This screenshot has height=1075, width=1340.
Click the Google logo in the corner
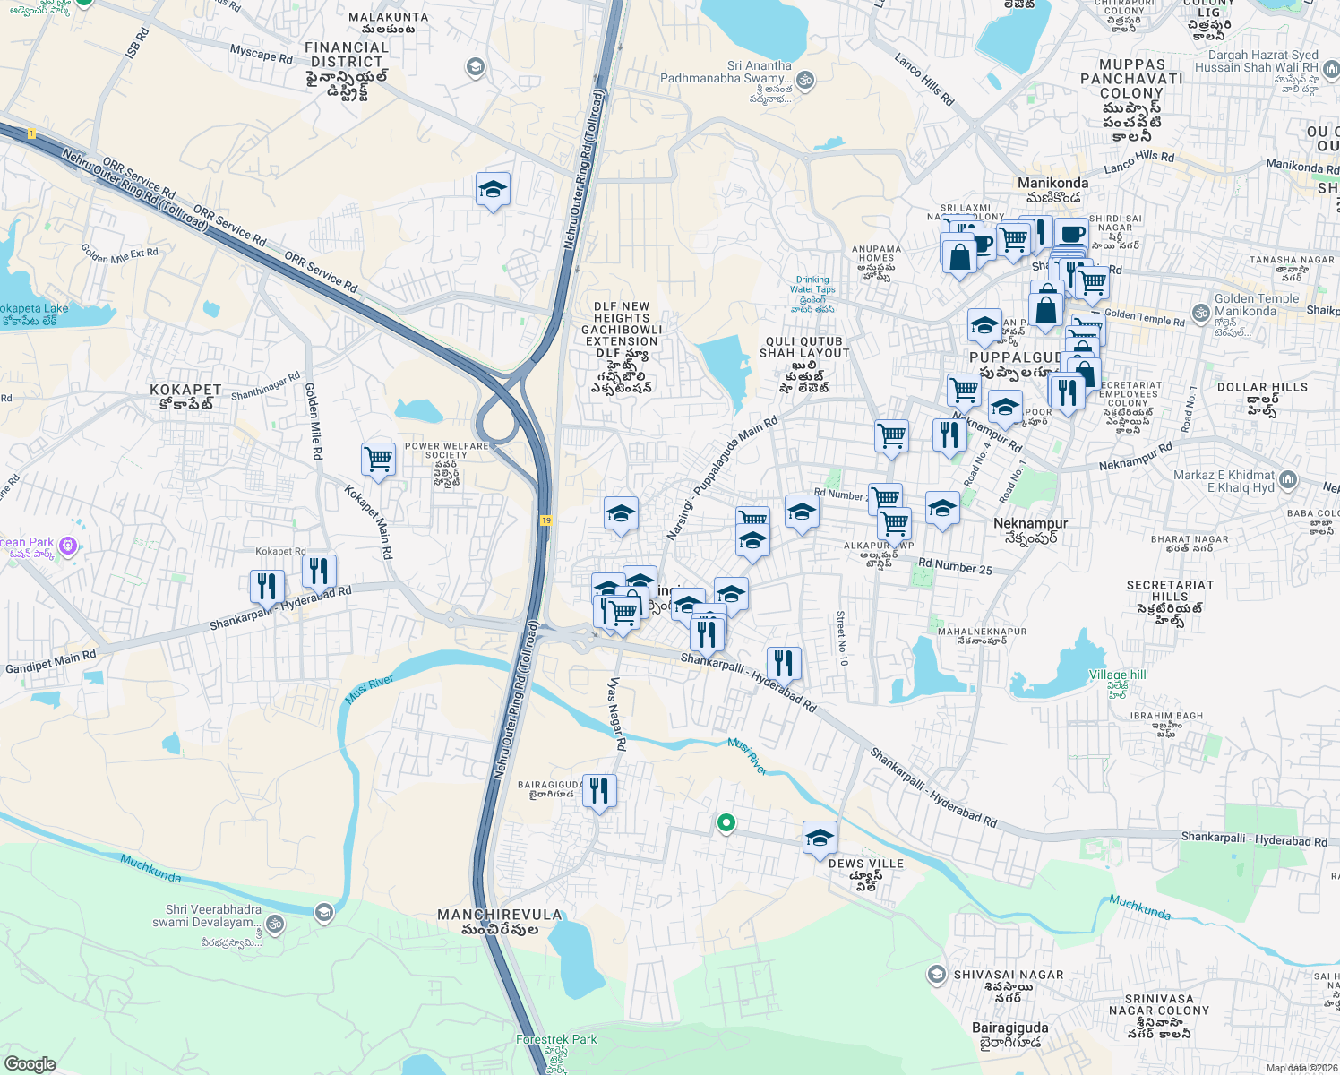click(x=30, y=1063)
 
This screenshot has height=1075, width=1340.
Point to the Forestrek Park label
click(x=556, y=1040)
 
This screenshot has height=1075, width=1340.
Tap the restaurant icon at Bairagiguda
click(x=599, y=791)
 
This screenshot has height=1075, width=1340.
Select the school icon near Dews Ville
click(x=820, y=838)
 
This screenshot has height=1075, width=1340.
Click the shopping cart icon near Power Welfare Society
click(x=379, y=460)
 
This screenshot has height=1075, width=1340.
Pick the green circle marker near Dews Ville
click(x=726, y=821)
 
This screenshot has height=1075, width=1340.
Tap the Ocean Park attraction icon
click(x=67, y=546)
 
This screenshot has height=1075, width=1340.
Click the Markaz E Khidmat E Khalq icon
click(x=1288, y=479)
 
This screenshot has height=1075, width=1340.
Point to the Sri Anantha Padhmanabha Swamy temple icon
click(x=805, y=80)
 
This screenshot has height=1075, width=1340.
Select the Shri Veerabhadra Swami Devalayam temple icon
click(x=274, y=924)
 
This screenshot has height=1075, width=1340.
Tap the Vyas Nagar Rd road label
click(x=616, y=713)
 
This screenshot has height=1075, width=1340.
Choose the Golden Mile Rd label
click(x=313, y=421)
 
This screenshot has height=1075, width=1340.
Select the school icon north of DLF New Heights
click(x=493, y=189)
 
